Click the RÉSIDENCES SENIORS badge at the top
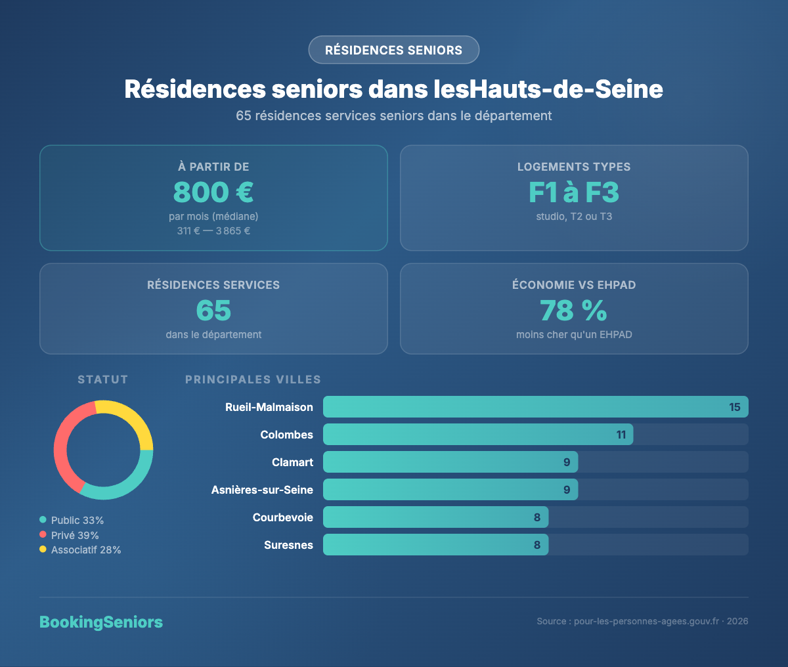pyautogui.click(x=393, y=50)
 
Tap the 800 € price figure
pyautogui.click(x=213, y=192)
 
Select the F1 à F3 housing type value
pyautogui.click(x=574, y=192)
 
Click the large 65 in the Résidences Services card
pyautogui.click(x=213, y=311)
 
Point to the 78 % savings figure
pyautogui.click(x=574, y=311)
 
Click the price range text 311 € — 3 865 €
pyautogui.click(x=213, y=231)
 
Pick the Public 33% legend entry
pyautogui.click(x=77, y=520)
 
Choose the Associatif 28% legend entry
pyautogui.click(x=85, y=550)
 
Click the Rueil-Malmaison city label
pyautogui.click(x=269, y=407)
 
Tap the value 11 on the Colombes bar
pyautogui.click(x=621, y=435)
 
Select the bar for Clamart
pyautogui.click(x=450, y=462)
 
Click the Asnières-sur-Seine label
pyautogui.click(x=262, y=490)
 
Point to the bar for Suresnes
pyautogui.click(x=435, y=545)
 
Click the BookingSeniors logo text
pyautogui.click(x=101, y=622)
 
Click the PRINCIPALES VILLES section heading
pyautogui.click(x=253, y=379)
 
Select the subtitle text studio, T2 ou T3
pyautogui.click(x=574, y=217)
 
